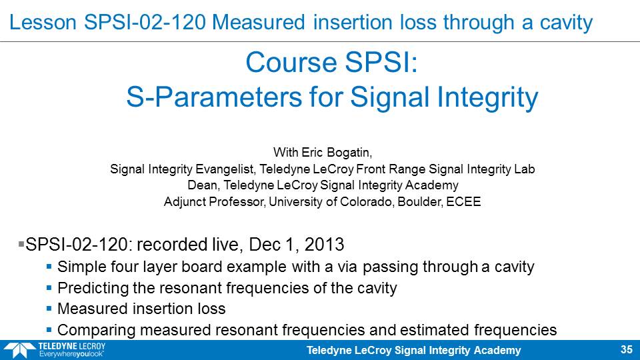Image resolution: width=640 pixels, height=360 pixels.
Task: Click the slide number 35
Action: (627, 349)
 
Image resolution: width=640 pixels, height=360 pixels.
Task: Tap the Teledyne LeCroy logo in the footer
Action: (55, 350)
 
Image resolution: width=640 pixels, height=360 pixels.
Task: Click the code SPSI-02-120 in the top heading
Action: (145, 22)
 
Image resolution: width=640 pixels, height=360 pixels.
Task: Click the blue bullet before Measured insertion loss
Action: (49, 308)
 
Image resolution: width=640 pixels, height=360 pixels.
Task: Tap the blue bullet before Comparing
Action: (49, 329)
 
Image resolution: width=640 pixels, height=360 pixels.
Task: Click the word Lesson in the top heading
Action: (43, 22)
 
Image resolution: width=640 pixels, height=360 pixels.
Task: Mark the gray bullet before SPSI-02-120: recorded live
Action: (21, 244)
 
